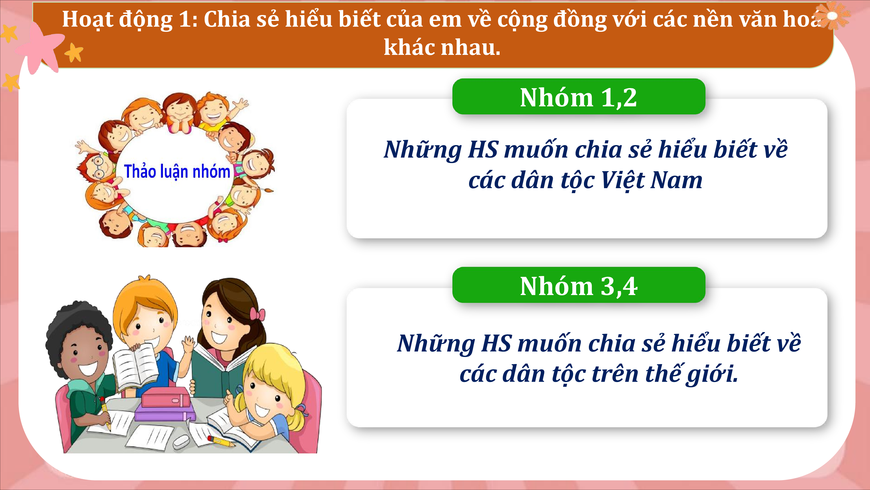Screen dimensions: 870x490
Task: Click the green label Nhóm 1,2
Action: [x=578, y=97]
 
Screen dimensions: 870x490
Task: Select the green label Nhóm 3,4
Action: [x=578, y=285]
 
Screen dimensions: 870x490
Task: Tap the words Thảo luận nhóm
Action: [x=177, y=171]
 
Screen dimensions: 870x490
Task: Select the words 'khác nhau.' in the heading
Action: [x=442, y=47]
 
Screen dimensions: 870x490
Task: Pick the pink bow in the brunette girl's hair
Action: [x=257, y=314]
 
